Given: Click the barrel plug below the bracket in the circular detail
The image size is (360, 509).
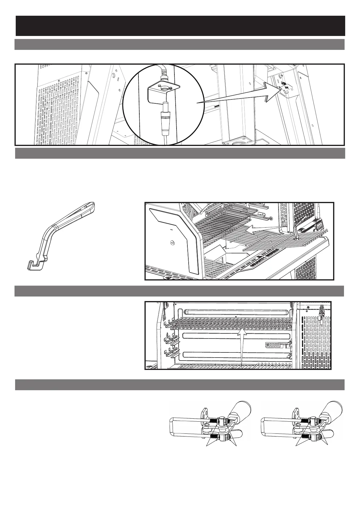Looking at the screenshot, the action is [x=165, y=118].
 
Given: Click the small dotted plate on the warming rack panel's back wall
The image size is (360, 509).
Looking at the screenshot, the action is [x=275, y=345].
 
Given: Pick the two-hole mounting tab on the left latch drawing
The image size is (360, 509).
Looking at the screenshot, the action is [x=205, y=413].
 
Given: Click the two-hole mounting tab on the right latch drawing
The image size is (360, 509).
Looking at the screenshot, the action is [x=298, y=413].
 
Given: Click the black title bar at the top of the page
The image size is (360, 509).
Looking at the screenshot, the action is [x=180, y=26].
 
